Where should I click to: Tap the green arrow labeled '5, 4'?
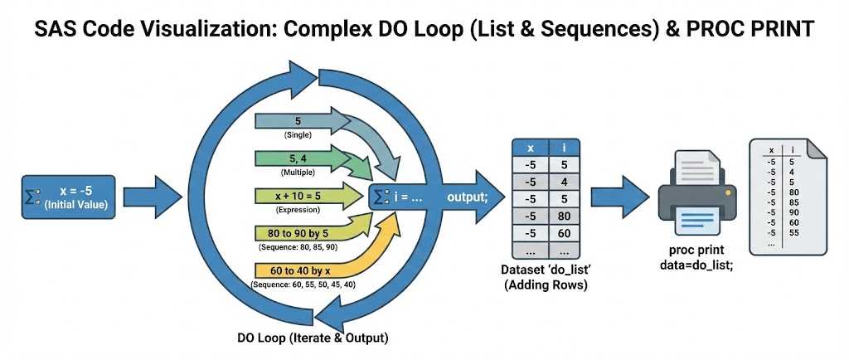pyautogui.click(x=298, y=158)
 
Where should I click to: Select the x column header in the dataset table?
pyautogui.click(x=529, y=147)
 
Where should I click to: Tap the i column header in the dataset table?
pyautogui.click(x=564, y=147)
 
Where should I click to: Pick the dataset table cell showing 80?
pyautogui.click(x=564, y=216)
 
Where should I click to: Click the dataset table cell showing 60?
pyautogui.click(x=564, y=234)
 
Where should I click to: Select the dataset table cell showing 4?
pyautogui.click(x=564, y=182)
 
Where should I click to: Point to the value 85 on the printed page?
pyautogui.click(x=793, y=202)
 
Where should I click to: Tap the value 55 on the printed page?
pyautogui.click(x=793, y=233)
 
